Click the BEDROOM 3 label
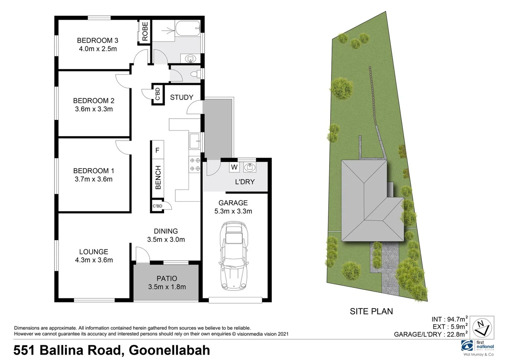pos(97,41)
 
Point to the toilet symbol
pos(196,74)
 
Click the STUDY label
pos(182,97)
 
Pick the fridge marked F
pos(157,150)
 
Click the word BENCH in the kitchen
pos(158,177)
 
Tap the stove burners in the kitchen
pos(195,164)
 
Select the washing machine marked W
pos(234,167)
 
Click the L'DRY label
pos(245,182)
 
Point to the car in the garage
pos(234,257)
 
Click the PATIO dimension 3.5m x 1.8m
pos(167,287)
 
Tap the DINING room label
pos(166,231)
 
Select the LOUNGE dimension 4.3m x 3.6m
pos(94,260)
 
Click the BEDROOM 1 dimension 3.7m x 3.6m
pos(93,179)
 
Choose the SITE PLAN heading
pos(371,311)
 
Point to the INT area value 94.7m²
pos(455,319)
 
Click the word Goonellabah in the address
pos(169,350)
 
